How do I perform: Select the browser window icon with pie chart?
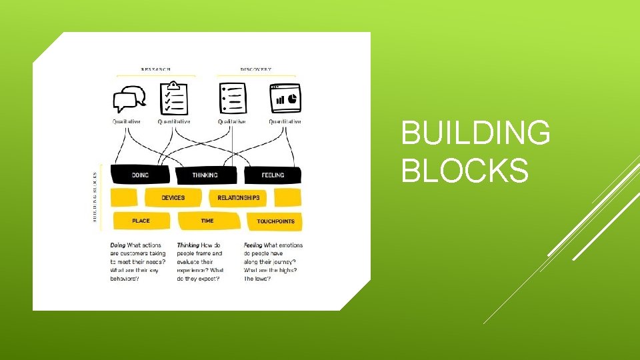[x=285, y=98]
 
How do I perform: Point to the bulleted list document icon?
[x=232, y=98]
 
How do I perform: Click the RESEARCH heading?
[x=155, y=69]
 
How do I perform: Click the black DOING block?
[x=140, y=175]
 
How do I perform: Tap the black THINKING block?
[x=205, y=175]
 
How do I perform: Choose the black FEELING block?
[x=272, y=175]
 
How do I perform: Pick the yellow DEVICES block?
[x=173, y=197]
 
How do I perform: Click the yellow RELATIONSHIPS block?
[x=238, y=197]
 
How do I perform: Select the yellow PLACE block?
[x=141, y=220]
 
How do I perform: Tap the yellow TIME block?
[x=207, y=220]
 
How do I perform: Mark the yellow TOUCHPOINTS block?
[x=275, y=221]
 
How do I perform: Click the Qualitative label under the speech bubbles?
[x=126, y=122]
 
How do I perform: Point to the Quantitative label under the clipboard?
[x=174, y=122]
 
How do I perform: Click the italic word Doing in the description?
[x=119, y=245]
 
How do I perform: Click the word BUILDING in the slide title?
[x=475, y=133]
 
